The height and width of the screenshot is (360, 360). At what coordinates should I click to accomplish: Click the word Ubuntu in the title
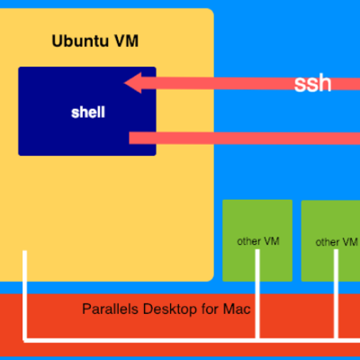pyautogui.click(x=80, y=41)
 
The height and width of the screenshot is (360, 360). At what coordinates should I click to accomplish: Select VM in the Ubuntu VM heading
pyautogui.click(x=126, y=41)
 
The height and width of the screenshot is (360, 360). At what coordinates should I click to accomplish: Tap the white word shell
pyautogui.click(x=88, y=112)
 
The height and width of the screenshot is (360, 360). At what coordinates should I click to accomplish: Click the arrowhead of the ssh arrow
pyautogui.click(x=132, y=83)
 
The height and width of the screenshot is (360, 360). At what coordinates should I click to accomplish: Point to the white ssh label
pyautogui.click(x=312, y=84)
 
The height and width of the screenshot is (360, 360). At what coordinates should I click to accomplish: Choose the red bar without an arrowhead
pyautogui.click(x=245, y=139)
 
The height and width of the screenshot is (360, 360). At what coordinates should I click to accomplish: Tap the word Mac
pyautogui.click(x=237, y=310)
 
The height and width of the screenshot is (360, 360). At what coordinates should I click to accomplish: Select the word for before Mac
pyautogui.click(x=210, y=310)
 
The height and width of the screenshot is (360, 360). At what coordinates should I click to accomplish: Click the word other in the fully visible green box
pyautogui.click(x=248, y=241)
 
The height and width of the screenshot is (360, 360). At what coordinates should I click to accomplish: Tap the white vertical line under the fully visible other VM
pyautogui.click(x=257, y=294)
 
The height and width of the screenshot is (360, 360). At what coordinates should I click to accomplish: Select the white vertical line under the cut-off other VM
pyautogui.click(x=336, y=294)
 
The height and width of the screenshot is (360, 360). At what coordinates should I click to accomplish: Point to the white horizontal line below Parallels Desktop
pyautogui.click(x=192, y=340)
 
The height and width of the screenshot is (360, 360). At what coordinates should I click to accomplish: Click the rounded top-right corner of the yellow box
pyautogui.click(x=211, y=11)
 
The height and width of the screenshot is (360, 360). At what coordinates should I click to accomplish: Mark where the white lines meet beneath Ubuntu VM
pyautogui.click(x=25, y=340)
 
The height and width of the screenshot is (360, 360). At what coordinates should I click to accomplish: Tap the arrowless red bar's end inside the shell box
pyautogui.click(x=130, y=139)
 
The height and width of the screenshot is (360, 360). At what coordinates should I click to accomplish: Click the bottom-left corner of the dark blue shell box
pyautogui.click(x=19, y=155)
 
